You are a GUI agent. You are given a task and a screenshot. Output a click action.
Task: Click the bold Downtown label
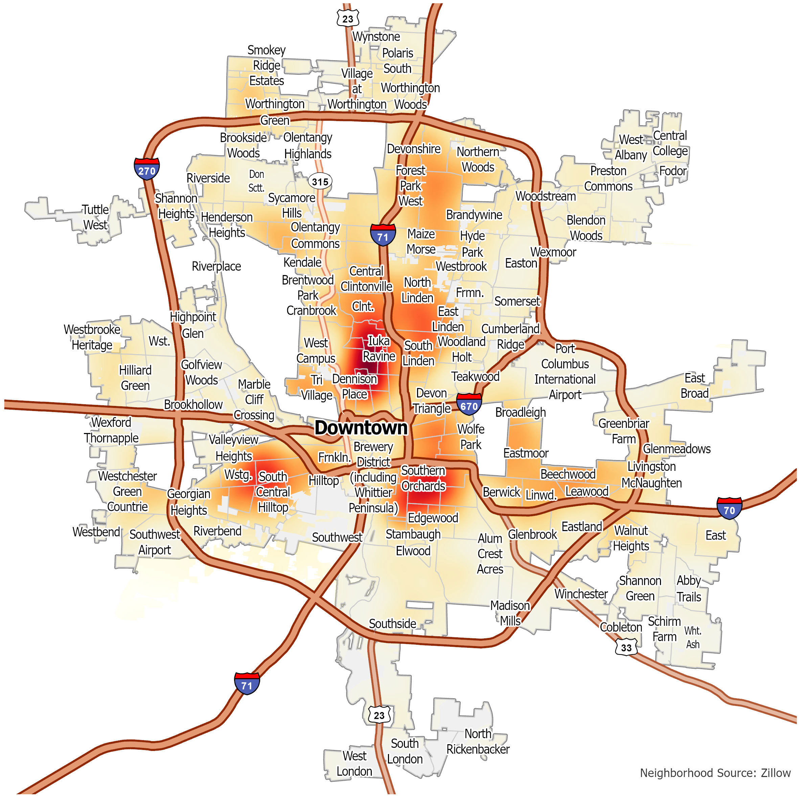[361, 428]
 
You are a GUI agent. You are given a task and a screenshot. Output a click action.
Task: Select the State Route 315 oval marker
[320, 182]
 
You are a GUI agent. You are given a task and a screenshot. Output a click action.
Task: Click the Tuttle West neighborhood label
[95, 217]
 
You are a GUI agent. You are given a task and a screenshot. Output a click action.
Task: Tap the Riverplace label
[216, 266]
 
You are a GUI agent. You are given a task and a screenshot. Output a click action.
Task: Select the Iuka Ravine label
[379, 349]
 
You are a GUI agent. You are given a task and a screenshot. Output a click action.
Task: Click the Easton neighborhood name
[521, 263]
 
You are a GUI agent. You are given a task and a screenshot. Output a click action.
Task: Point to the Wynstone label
[376, 37]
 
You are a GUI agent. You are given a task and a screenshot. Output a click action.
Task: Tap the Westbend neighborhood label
[96, 532]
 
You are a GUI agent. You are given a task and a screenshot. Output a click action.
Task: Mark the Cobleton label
[621, 627]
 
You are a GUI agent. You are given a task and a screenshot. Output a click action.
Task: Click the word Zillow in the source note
[775, 773]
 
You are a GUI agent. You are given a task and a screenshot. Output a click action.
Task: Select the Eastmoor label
[526, 453]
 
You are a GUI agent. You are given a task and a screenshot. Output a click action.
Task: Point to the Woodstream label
[546, 196]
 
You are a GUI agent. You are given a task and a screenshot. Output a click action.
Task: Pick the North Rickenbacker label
[478, 741]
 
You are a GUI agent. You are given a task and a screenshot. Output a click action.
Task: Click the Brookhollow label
[193, 405]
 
